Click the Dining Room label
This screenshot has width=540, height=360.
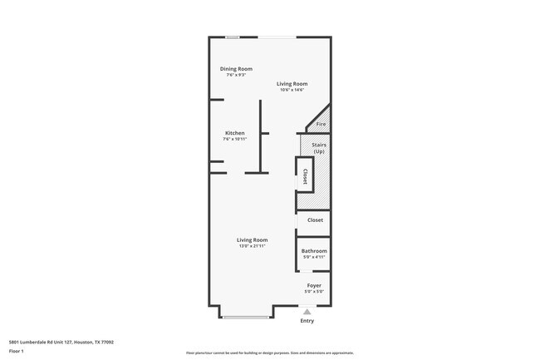(x=236, y=69)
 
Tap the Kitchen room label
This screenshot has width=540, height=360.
(x=235, y=133)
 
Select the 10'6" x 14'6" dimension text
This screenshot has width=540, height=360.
(x=292, y=90)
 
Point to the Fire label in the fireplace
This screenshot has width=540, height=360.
(x=321, y=124)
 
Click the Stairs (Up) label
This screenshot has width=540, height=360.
(x=319, y=148)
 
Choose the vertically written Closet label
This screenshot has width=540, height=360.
(x=305, y=176)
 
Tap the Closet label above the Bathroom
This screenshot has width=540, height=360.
(x=315, y=220)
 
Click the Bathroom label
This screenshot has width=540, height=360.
(x=314, y=251)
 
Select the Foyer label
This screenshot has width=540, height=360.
(x=314, y=285)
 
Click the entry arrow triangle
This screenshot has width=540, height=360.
(x=307, y=311)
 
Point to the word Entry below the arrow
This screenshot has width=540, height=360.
(x=307, y=321)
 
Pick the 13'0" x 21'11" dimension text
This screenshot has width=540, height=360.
(x=251, y=246)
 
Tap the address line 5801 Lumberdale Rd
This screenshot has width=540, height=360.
(x=61, y=341)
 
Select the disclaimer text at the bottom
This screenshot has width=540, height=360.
(x=269, y=354)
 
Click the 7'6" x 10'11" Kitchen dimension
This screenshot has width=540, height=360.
(x=235, y=139)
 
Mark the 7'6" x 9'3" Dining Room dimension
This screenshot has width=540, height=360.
(x=236, y=75)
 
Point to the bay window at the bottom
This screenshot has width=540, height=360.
(x=245, y=317)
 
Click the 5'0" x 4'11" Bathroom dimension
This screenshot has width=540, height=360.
(x=314, y=258)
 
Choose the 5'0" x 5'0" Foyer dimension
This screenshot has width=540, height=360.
(x=314, y=292)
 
